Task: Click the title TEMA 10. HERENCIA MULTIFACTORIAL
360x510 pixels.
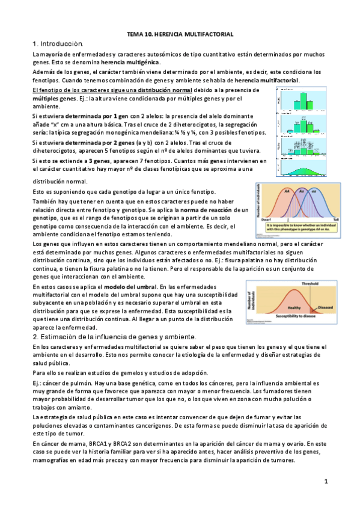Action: click(x=180, y=35)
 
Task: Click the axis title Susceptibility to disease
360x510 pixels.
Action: click(x=301, y=315)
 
